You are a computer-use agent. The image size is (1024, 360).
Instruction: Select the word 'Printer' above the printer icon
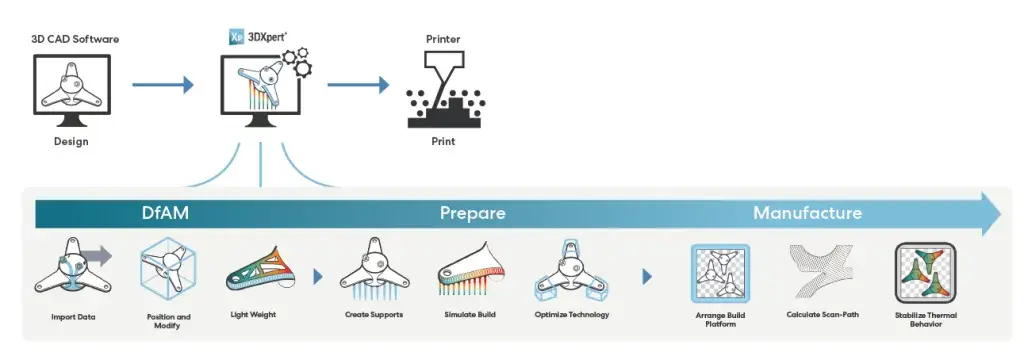443,38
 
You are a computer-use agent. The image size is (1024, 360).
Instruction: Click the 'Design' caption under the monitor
71,141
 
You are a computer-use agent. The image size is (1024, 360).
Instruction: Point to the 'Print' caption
443,141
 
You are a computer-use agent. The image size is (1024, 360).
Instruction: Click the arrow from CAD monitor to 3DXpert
162,86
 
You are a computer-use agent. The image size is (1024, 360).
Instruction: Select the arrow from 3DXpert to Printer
357,86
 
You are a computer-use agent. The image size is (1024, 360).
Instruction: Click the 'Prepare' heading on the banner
472,213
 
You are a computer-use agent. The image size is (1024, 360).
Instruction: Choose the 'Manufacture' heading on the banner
807,213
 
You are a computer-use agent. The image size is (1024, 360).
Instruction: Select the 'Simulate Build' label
470,315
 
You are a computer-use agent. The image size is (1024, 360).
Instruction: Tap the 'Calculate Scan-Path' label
821,315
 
